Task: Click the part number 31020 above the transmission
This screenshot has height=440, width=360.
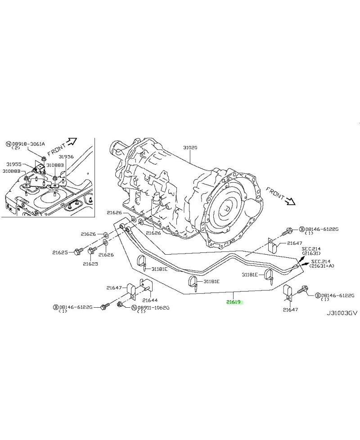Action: [x=190, y=148]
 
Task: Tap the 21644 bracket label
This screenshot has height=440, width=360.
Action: [x=149, y=300]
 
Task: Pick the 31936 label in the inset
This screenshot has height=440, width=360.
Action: [x=65, y=157]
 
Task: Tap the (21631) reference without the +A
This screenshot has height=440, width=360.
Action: [x=311, y=254]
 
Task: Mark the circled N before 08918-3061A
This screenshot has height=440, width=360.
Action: [x=9, y=144]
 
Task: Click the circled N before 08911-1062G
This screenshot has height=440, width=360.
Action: [x=134, y=308]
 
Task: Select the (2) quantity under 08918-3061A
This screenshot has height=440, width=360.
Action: [x=17, y=149]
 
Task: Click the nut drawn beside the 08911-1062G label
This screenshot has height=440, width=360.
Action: [x=121, y=305]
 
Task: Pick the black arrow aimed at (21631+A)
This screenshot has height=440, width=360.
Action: [x=306, y=265]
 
